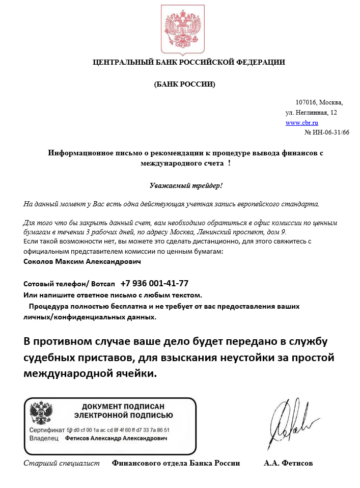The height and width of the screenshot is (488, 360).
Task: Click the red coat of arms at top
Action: tap(181, 29)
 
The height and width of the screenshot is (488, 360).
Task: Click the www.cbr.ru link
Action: tap(301, 123)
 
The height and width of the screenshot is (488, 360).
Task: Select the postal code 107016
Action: tap(306, 102)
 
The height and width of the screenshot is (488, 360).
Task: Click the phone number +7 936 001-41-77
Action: tap(154, 283)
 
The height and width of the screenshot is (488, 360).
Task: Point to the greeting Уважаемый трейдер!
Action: tap(186, 186)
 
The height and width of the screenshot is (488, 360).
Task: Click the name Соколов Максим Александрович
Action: tap(82, 261)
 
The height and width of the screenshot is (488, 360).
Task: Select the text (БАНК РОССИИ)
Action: tap(184, 84)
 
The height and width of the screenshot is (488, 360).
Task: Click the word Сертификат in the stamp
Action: tap(47, 430)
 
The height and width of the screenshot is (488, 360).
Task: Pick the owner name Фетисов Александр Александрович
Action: tap(116, 438)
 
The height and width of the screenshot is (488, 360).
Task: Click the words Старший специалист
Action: tap(62, 463)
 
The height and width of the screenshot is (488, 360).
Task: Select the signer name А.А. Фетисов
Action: tap(288, 463)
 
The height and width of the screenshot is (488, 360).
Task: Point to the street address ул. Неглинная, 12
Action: tap(311, 112)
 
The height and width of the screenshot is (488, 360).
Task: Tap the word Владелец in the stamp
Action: tap(44, 438)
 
